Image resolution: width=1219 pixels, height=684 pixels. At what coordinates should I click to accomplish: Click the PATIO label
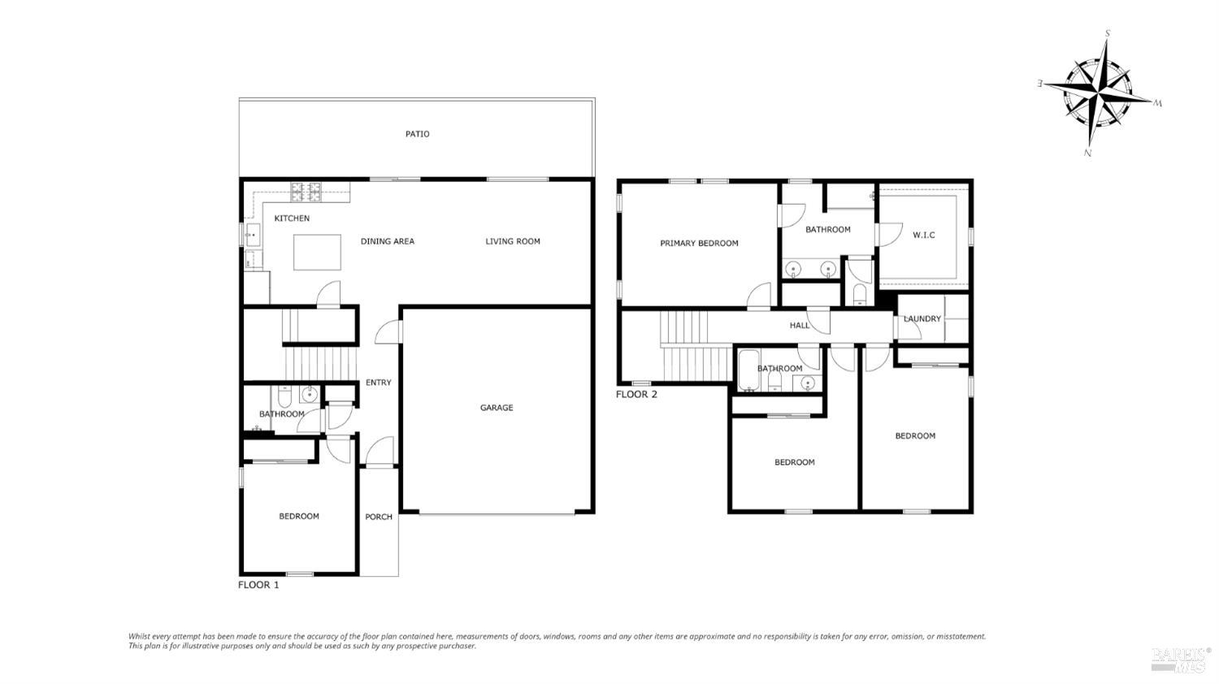tap(417, 134)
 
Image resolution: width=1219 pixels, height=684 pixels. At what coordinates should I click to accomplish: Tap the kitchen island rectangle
tap(317, 252)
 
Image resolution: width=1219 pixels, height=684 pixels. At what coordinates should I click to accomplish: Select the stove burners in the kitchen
tap(306, 193)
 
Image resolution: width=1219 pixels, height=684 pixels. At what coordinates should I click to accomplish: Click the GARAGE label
tap(496, 408)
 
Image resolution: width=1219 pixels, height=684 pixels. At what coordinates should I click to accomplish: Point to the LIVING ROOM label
tap(512, 241)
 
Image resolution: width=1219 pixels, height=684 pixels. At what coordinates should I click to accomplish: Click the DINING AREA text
tap(387, 241)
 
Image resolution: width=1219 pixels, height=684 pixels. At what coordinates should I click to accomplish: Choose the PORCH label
tap(379, 517)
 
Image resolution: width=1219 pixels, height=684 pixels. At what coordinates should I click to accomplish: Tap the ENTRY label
tap(378, 383)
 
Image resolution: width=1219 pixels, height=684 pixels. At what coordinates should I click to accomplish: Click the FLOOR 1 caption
tap(258, 585)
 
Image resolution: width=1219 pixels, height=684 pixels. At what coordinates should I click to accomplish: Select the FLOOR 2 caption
tap(636, 395)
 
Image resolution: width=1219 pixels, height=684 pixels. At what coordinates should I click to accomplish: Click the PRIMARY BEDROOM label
tap(699, 243)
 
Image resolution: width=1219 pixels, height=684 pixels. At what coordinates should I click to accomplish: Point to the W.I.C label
tap(923, 235)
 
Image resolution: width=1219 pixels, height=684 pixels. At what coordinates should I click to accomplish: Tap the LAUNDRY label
tap(922, 318)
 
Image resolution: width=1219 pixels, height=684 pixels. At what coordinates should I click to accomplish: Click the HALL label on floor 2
tap(800, 326)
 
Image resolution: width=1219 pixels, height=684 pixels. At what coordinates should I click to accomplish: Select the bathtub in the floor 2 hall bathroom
tap(748, 370)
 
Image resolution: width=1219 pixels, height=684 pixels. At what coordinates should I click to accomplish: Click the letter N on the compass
tap(1087, 153)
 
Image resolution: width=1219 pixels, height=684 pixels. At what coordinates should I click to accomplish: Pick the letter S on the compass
tap(1107, 33)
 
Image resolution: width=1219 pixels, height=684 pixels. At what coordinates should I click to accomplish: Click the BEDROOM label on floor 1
tap(298, 517)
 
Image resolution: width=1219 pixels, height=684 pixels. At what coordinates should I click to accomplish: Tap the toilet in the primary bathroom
tap(859, 293)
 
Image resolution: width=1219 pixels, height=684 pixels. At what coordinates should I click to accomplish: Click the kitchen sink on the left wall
tap(251, 235)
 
